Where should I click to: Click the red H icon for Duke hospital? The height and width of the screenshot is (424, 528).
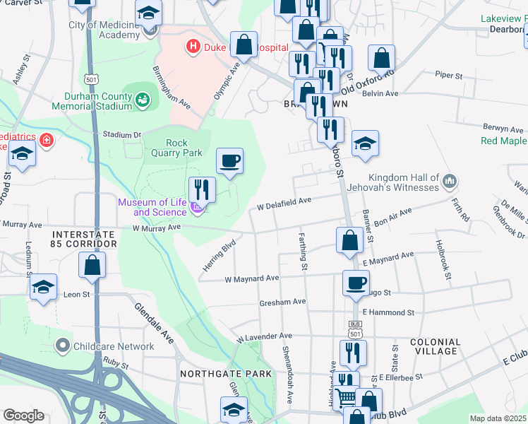[191, 48]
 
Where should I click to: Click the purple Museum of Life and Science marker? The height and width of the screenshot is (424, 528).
[198, 208]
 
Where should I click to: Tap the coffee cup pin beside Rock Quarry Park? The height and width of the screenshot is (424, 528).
[229, 162]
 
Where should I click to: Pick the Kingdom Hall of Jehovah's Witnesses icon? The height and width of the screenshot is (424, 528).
[449, 184]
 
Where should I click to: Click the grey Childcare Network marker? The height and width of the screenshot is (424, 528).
[64, 346]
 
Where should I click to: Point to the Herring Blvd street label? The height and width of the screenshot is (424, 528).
[219, 252]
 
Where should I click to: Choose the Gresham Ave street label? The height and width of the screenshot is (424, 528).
[282, 302]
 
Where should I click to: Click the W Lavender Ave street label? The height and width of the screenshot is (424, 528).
[264, 336]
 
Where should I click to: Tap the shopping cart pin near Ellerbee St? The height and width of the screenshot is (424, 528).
[345, 398]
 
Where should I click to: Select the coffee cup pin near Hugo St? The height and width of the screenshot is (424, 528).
[356, 283]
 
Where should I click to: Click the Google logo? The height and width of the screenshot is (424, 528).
[23, 416]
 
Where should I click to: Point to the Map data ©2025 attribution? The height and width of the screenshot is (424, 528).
[498, 418]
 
